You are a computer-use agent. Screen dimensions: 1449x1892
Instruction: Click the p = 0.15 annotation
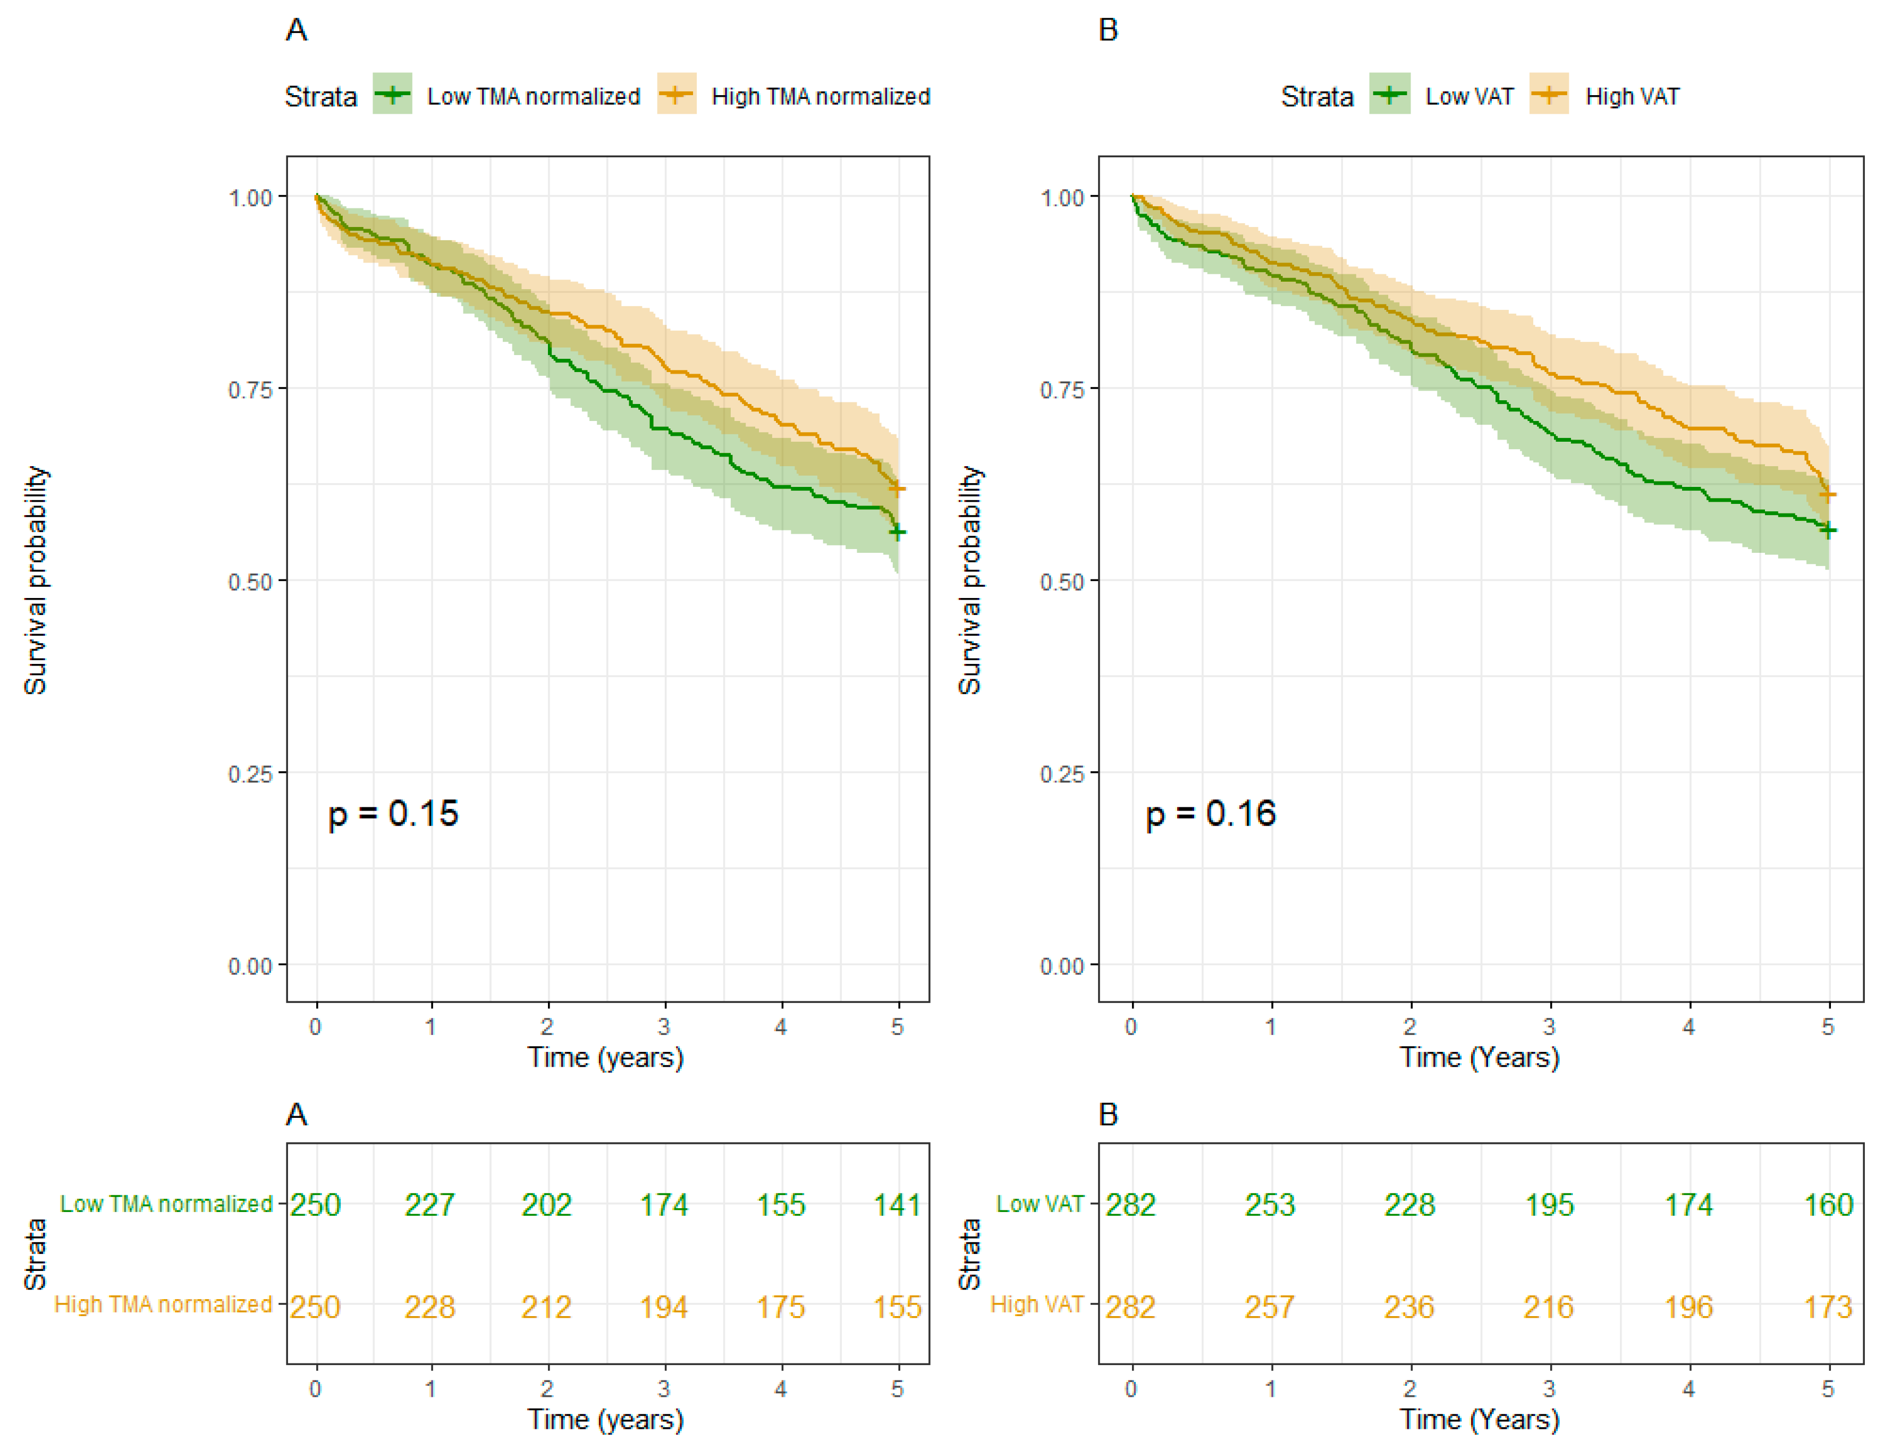pos(393,813)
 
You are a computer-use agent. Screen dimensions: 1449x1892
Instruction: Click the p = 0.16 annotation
pos(1210,813)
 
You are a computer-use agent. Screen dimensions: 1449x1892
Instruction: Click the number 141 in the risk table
pos(897,1205)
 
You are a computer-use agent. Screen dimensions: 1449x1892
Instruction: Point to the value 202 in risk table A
pos(547,1205)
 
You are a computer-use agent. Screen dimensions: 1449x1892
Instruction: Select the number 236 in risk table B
pos(1409,1307)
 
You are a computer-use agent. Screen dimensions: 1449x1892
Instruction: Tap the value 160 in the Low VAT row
pos(1828,1205)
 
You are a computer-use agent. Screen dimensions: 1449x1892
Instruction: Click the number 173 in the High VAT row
pos(1828,1307)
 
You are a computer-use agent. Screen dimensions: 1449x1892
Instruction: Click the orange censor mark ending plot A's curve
pos(898,489)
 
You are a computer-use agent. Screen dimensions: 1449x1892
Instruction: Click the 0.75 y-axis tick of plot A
pos(250,390)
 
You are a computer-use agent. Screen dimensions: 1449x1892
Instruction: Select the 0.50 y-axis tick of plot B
pos(1062,582)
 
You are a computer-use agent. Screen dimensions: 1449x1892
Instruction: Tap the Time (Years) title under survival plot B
pos(1480,1057)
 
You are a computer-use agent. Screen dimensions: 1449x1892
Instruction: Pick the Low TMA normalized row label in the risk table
pos(166,1204)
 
